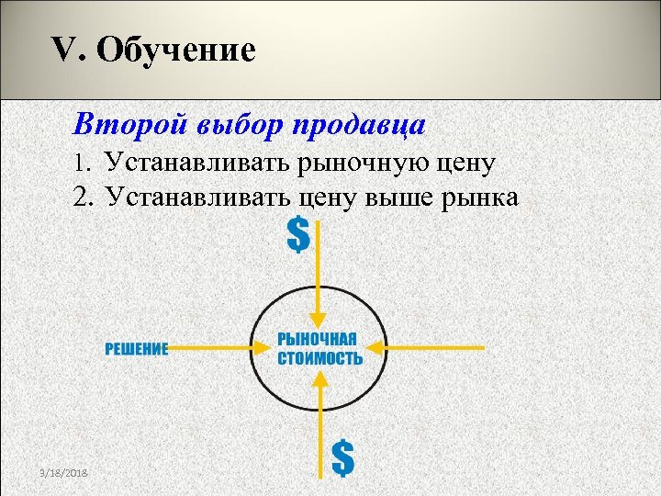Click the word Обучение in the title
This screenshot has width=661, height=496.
[175, 51]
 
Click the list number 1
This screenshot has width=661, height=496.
[83, 164]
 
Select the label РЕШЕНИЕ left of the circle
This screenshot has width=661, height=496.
[136, 348]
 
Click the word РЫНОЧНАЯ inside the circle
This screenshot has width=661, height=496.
[317, 339]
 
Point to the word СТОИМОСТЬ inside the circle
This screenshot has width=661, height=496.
[319, 358]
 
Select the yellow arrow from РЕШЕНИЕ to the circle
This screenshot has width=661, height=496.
[216, 348]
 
